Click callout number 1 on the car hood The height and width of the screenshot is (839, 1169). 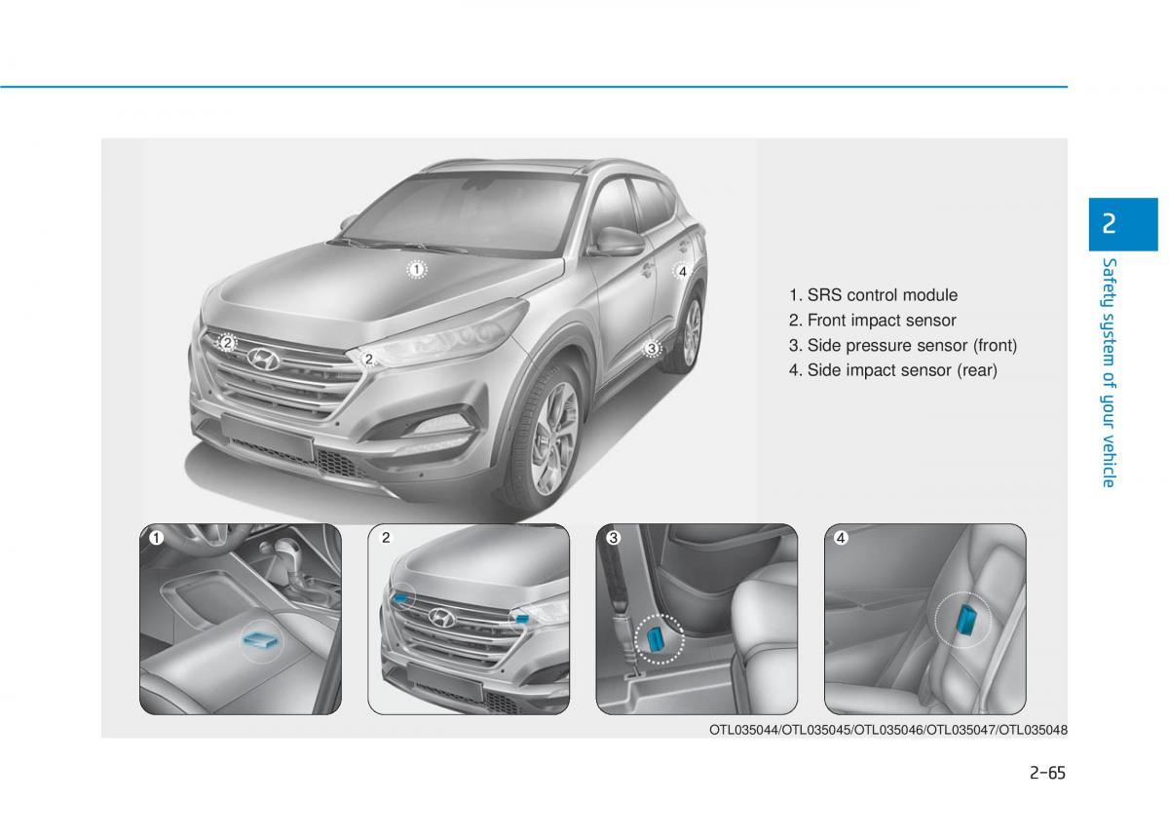417,270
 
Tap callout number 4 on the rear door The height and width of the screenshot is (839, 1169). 682,272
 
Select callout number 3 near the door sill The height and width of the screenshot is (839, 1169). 651,348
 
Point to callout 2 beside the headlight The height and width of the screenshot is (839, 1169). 368,360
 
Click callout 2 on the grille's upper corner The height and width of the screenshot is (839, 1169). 227,343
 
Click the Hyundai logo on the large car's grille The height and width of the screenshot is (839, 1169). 264,360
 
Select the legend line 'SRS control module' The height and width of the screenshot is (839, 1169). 873,295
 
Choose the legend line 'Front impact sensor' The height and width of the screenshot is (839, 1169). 873,321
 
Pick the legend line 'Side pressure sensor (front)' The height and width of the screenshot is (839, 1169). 903,346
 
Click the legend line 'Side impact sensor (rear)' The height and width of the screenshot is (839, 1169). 893,370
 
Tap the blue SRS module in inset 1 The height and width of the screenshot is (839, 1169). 261,639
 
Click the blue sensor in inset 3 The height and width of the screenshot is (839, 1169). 655,639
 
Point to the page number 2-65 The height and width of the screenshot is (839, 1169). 1047,773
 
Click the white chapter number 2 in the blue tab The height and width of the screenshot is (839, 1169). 1109,224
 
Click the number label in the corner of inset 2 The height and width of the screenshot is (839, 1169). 386,538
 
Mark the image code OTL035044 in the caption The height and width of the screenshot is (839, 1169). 743,731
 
